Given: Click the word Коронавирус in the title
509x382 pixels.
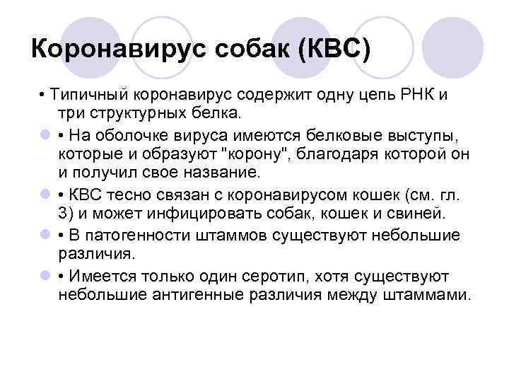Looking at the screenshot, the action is pyautogui.click(x=119, y=50).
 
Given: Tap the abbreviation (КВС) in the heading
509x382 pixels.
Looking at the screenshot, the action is pyautogui.click(x=334, y=50).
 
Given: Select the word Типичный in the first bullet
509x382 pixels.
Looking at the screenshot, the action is pyautogui.click(x=89, y=95).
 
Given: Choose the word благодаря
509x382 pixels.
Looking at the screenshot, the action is pyautogui.click(x=337, y=154).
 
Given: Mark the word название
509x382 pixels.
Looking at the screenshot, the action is pyautogui.click(x=222, y=172).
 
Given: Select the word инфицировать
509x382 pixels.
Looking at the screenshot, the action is pyautogui.click(x=204, y=214).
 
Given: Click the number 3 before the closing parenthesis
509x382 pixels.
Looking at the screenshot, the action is pyautogui.click(x=63, y=214).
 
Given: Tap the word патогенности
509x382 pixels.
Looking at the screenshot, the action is pyautogui.click(x=138, y=236).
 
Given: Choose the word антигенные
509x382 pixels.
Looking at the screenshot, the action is pyautogui.click(x=198, y=295).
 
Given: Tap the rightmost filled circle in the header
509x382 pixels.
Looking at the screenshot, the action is pyautogui.click(x=452, y=47).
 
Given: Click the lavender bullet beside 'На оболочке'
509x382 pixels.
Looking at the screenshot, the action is pyautogui.click(x=45, y=134).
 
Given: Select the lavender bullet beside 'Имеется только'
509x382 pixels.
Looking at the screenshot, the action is pyautogui.click(x=45, y=275).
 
